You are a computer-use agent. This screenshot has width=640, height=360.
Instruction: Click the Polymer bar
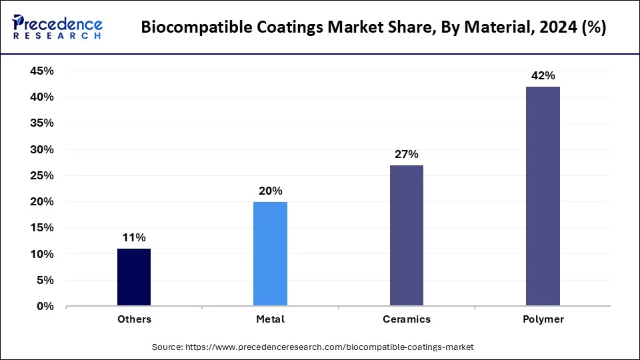point(543,197)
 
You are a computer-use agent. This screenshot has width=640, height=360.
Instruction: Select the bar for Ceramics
point(407,236)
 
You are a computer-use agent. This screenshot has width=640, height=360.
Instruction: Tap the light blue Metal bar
point(271,254)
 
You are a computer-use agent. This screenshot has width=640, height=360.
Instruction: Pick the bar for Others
point(134,277)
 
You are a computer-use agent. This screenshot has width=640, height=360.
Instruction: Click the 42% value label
point(543,76)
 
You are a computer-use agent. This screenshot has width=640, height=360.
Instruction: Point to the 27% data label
point(407,155)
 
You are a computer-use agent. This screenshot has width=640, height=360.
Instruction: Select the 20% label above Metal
point(271,191)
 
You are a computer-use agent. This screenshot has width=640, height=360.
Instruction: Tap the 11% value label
point(134,238)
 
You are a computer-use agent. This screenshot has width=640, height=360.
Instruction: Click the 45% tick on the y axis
point(42,71)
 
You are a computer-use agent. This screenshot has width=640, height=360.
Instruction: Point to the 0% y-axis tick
point(45,307)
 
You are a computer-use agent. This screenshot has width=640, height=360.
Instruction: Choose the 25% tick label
point(42,176)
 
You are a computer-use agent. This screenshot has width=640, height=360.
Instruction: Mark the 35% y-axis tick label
point(42,123)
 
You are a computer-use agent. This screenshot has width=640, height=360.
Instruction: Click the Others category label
point(134,319)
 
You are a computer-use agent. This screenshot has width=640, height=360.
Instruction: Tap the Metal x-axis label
point(271,319)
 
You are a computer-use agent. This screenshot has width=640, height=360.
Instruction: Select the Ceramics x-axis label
point(407,319)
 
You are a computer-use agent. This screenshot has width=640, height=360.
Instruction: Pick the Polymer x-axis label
point(543,319)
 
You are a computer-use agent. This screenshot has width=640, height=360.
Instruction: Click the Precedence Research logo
point(57,27)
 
